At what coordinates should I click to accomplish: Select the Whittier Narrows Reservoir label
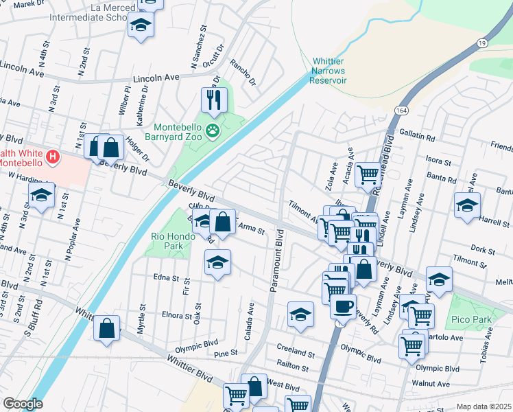tap(329, 71)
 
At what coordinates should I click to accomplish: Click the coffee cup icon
tap(343, 306)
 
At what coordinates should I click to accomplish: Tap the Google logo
tap(23, 404)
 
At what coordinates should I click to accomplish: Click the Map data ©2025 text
tap(483, 407)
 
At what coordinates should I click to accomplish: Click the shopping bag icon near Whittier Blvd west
tap(107, 328)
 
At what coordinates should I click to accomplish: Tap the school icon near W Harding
tap(41, 196)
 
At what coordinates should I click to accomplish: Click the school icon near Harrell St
tap(467, 205)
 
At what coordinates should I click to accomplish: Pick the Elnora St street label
tap(177, 317)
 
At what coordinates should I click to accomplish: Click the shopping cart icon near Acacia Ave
tap(369, 175)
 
